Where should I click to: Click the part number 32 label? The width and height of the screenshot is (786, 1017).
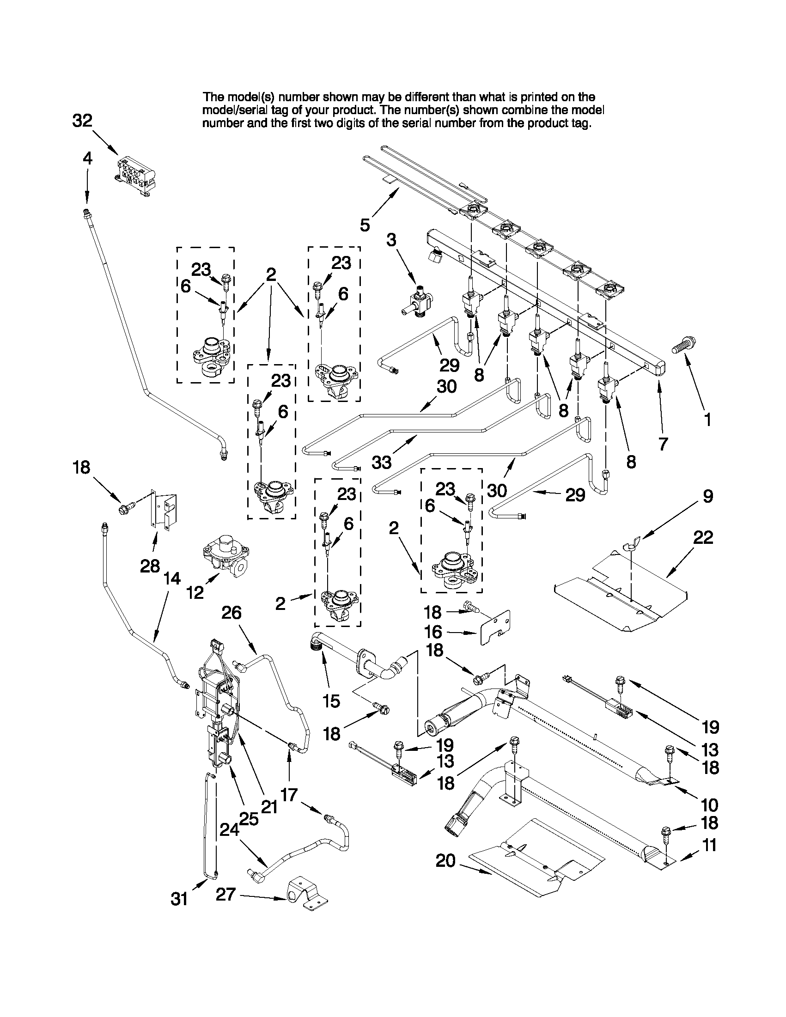(82, 121)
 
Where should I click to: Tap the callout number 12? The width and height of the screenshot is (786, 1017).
(195, 592)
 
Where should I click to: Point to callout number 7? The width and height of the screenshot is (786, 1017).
(663, 444)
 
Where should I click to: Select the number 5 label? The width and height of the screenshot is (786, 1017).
(365, 225)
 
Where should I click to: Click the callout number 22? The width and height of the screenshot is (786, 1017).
(703, 537)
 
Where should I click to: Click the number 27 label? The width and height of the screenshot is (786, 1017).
(225, 895)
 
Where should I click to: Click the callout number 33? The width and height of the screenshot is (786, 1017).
(382, 462)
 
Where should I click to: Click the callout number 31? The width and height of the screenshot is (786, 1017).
(179, 899)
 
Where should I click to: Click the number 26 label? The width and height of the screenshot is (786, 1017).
(232, 613)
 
